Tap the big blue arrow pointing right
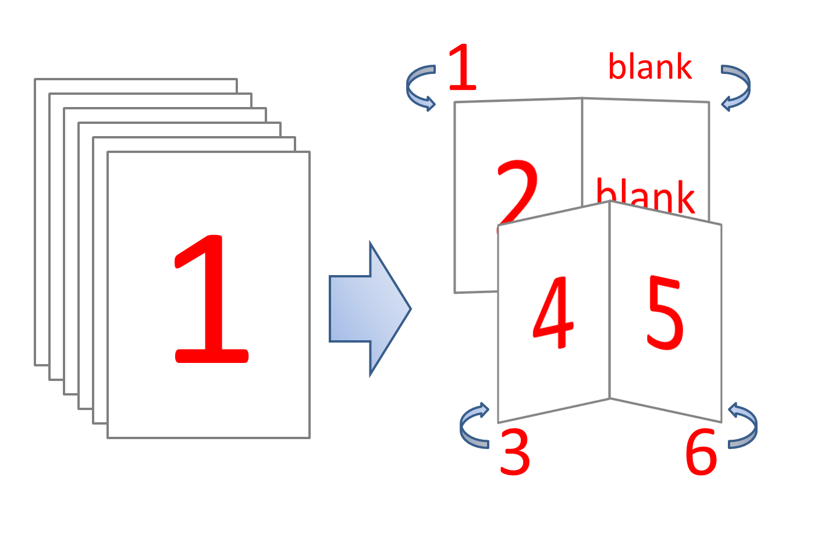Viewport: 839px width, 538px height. tap(370, 309)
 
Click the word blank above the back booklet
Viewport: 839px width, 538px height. tap(650, 66)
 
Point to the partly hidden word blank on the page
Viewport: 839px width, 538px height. tap(645, 195)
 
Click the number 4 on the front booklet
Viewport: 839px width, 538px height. tap(553, 312)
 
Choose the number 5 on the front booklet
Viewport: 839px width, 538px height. tap(665, 313)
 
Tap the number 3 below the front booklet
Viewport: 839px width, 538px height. tap(515, 453)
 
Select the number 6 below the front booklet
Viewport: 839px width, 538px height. tap(701, 453)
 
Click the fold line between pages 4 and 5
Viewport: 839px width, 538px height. tap(610, 300)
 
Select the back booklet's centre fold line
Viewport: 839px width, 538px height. tap(582, 152)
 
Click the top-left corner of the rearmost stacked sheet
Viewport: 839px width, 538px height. tap(35, 79)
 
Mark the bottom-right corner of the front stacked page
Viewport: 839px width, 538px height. tap(310, 437)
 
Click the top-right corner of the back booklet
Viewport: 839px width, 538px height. tap(709, 102)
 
